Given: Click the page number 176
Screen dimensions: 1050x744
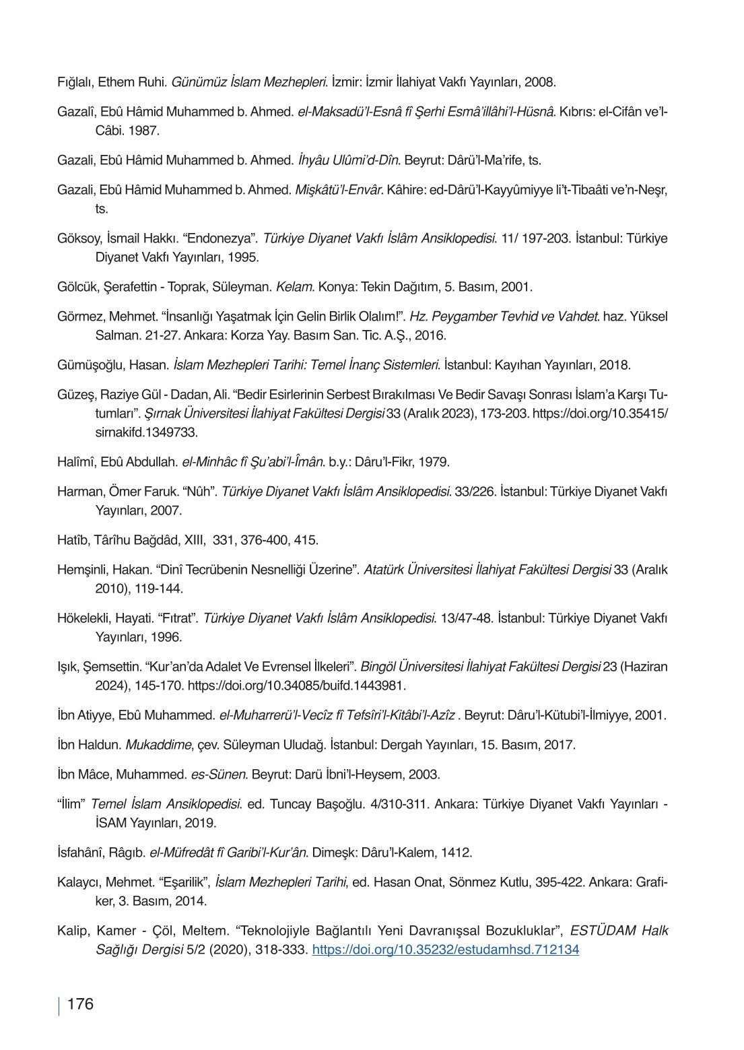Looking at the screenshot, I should point(80,1005).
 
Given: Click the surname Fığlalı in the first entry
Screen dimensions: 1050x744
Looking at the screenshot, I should point(75,83).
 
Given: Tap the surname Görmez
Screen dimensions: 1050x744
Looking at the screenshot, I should point(77,315).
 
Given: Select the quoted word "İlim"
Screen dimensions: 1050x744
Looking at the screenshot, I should point(71,803).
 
